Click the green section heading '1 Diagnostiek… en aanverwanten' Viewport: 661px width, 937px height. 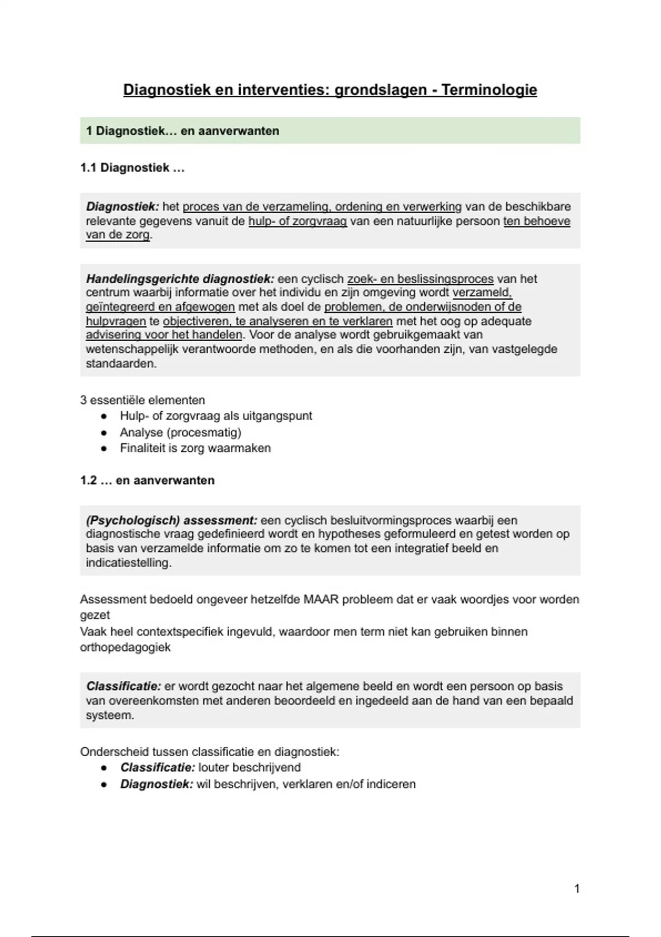pyautogui.click(x=182, y=131)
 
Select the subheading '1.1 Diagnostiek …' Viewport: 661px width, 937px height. pyautogui.click(x=132, y=168)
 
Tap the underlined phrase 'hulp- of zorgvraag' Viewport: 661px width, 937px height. pyautogui.click(x=297, y=221)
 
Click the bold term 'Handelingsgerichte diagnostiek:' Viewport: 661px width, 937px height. pyautogui.click(x=180, y=279)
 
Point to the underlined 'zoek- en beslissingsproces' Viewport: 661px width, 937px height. pyautogui.click(x=420, y=279)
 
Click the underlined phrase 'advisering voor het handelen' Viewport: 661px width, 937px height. pyautogui.click(x=164, y=335)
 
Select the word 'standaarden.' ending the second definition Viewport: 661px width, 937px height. pyautogui.click(x=121, y=364)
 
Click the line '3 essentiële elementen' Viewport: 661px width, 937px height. pyautogui.click(x=142, y=400)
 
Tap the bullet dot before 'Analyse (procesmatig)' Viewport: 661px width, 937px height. pyautogui.click(x=104, y=433)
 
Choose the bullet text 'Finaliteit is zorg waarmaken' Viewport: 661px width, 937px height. pyautogui.click(x=195, y=448)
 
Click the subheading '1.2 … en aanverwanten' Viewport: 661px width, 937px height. pyautogui.click(x=147, y=480)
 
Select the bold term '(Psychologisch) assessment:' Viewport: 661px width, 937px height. pyautogui.click(x=171, y=520)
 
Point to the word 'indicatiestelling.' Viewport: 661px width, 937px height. pyautogui.click(x=128, y=563)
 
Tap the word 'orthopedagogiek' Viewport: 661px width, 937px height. pyautogui.click(x=125, y=647)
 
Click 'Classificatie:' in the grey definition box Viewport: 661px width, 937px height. pyautogui.click(x=123, y=686)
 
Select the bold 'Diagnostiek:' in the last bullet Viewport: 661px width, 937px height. pyautogui.click(x=156, y=784)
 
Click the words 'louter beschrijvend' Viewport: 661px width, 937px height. pyautogui.click(x=250, y=767)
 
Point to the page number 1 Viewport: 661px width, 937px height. pyautogui.click(x=577, y=888)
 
